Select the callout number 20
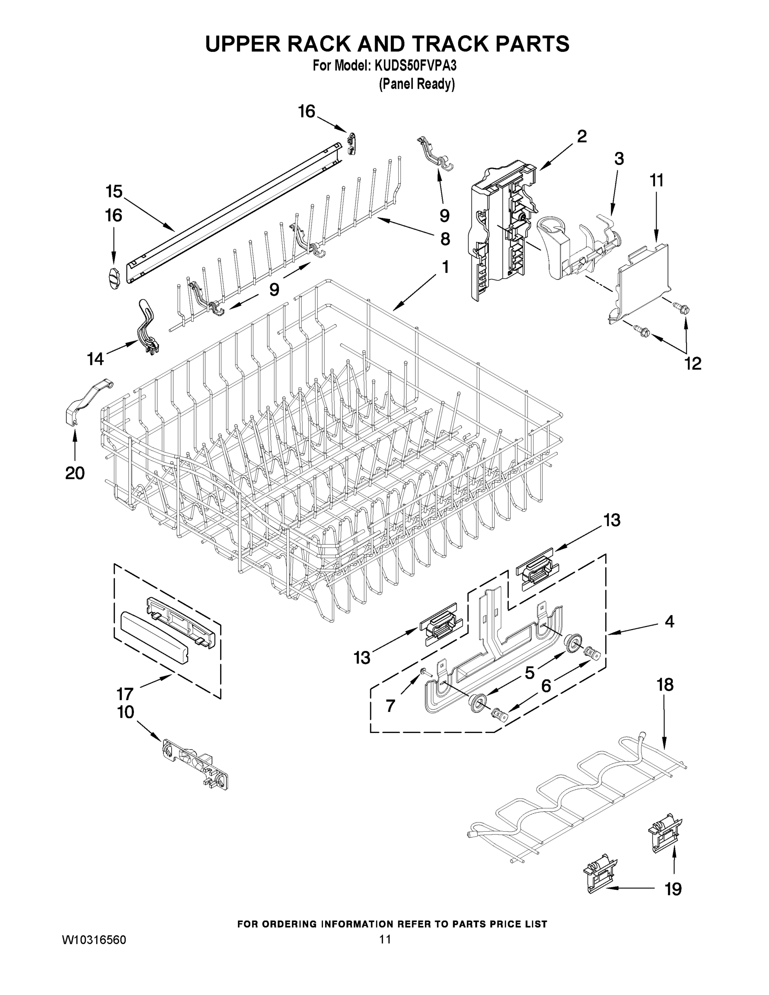[x=75, y=473]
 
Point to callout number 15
[x=114, y=192]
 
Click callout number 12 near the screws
[x=692, y=363]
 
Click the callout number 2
[x=582, y=136]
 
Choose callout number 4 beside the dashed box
[x=669, y=621]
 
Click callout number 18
[x=665, y=684]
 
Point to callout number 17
[x=124, y=694]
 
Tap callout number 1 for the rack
[x=445, y=267]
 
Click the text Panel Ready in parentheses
[x=417, y=84]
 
